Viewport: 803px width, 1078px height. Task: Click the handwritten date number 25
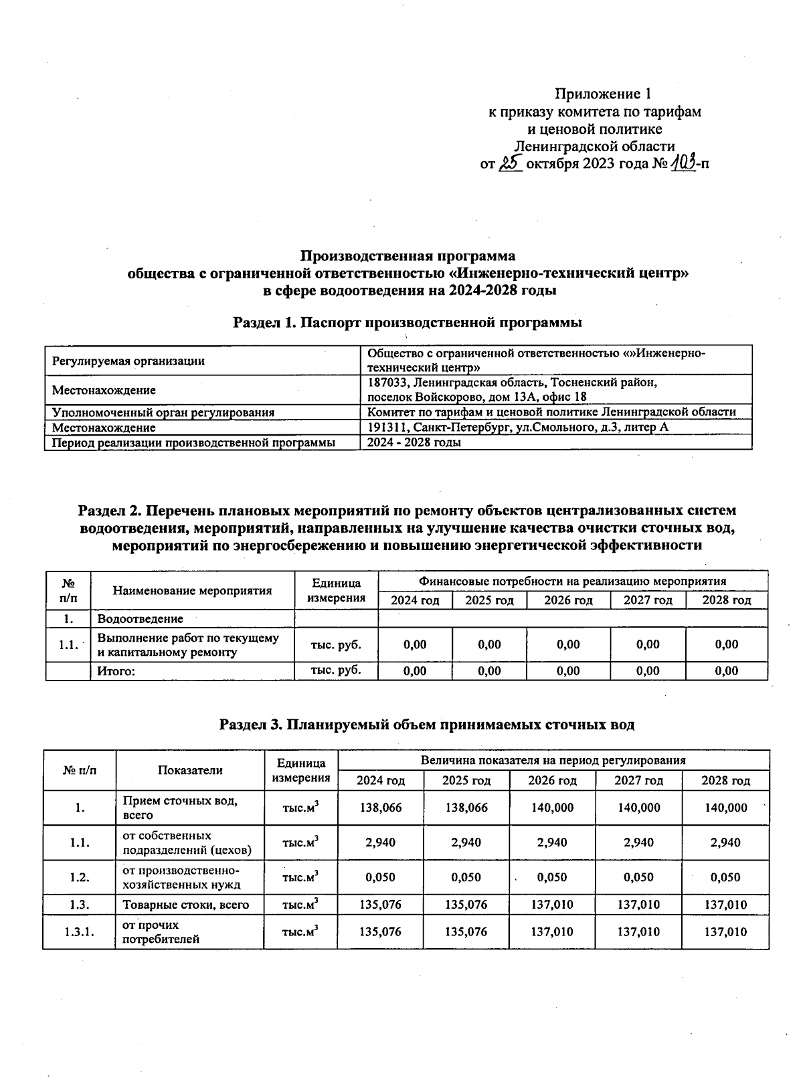510,163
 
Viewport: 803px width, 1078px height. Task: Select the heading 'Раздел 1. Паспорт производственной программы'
407,323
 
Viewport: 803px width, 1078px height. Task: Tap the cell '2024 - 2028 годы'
414,442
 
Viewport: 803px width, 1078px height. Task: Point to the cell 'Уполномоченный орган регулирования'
163,412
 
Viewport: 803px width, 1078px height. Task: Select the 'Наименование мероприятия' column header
192,590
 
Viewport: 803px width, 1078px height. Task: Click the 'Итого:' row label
116,671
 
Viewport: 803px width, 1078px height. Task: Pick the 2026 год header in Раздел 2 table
568,600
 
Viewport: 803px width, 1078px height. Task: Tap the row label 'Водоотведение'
140,619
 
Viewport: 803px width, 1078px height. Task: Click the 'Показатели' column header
190,770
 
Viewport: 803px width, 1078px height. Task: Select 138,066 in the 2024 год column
381,808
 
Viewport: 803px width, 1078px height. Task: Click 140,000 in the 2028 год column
725,808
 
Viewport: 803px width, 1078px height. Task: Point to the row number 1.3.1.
79,932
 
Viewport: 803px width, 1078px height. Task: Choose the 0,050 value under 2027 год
638,877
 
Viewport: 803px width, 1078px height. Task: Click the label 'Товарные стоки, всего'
185,905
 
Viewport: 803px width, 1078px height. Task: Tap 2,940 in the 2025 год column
466,842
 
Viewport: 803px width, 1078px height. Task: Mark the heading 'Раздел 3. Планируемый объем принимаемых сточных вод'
427,724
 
